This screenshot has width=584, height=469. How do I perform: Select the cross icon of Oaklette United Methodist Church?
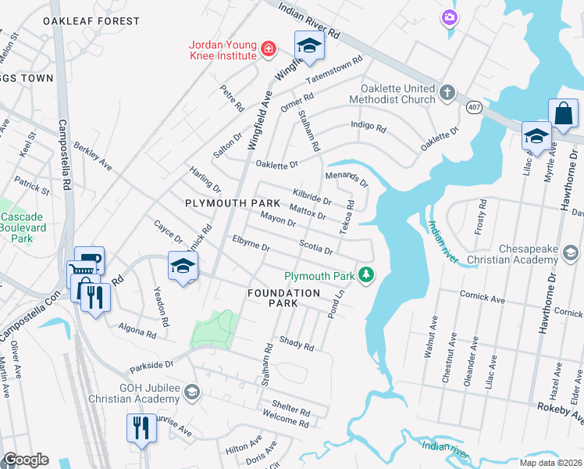[x=447, y=93]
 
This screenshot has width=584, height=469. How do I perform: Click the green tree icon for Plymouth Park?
[x=365, y=275]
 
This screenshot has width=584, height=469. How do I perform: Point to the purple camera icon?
[x=449, y=16]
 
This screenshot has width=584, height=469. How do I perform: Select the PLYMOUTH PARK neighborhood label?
[x=221, y=203]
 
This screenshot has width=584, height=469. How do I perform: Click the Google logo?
[x=26, y=460]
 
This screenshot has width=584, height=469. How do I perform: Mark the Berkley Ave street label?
[x=93, y=157]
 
